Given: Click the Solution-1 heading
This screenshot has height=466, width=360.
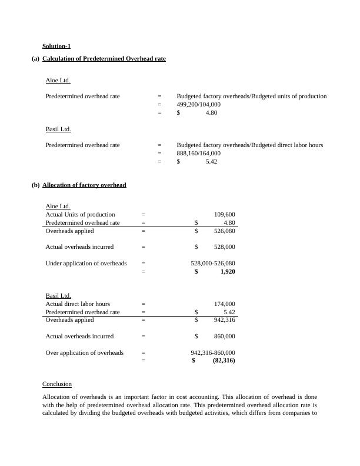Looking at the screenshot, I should point(56,46).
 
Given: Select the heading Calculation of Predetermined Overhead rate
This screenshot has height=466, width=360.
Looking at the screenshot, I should point(104,58).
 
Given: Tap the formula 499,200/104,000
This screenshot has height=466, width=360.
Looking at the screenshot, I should point(199,104).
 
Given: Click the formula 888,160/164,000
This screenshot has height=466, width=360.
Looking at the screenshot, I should point(199,153).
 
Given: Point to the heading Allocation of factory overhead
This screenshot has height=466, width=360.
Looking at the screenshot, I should point(84,185).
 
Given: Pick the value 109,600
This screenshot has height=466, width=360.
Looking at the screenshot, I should point(225,215).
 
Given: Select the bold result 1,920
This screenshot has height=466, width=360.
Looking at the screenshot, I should point(227,272).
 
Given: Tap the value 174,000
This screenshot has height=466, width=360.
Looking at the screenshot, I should point(225,304).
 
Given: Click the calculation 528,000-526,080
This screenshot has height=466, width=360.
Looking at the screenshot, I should point(212,264).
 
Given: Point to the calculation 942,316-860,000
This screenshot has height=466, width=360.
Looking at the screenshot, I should point(212,353).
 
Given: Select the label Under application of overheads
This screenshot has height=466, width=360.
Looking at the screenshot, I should point(86,264).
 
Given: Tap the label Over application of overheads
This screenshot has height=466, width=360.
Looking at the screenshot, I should point(85,353).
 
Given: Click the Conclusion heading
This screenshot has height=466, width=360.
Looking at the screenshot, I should point(57,384).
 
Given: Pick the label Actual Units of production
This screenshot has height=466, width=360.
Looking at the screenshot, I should point(81,215).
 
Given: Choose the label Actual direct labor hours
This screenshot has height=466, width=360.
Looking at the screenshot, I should point(78,304).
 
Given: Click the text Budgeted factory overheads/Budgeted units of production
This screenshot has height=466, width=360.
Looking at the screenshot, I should point(252,96).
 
